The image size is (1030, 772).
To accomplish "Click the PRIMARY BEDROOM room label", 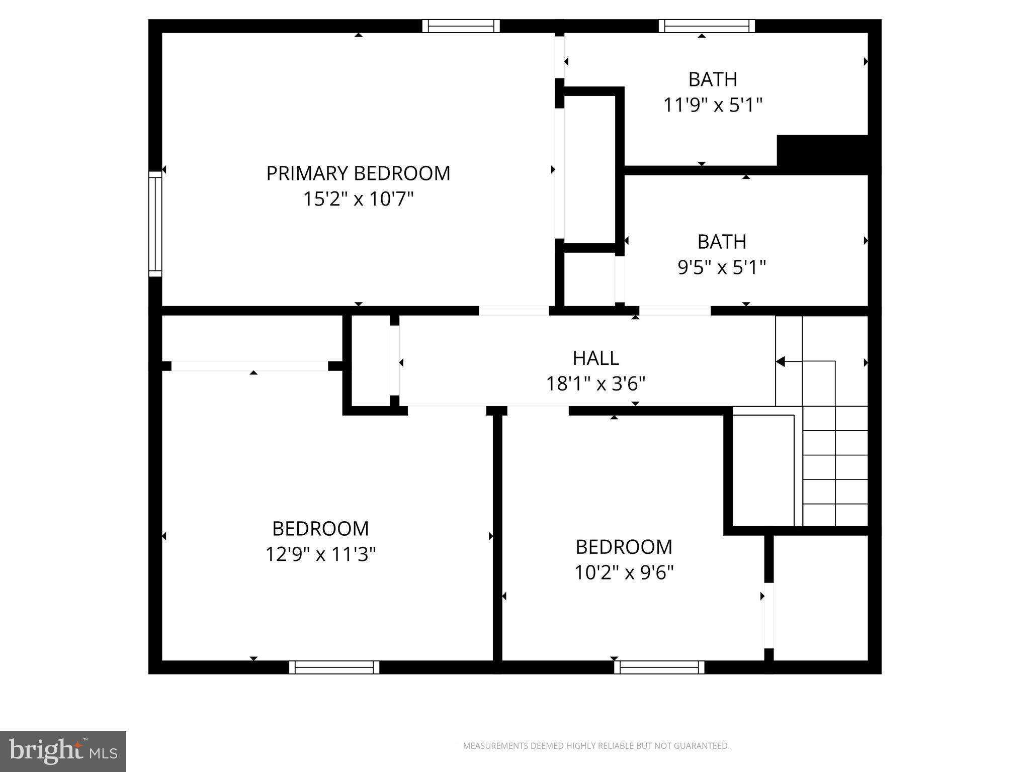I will pyautogui.click(x=358, y=173).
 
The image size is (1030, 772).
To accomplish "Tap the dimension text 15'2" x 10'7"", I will pyautogui.click(x=358, y=199).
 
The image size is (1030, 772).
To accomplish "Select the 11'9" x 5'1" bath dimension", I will pyautogui.click(x=713, y=106).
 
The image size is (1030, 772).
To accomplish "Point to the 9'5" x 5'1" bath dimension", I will pyautogui.click(x=722, y=267).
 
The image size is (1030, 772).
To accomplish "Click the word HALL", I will pyautogui.click(x=595, y=358).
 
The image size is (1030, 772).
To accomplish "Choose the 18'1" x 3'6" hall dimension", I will pyautogui.click(x=595, y=384).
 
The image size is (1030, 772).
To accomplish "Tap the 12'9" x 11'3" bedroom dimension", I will pyautogui.click(x=320, y=555).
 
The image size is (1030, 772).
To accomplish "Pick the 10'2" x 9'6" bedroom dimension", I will pyautogui.click(x=624, y=572).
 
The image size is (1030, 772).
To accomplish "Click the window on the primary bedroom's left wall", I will pyautogui.click(x=155, y=224).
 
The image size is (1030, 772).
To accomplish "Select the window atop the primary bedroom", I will pyautogui.click(x=461, y=26).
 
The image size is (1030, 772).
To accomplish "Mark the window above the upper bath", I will pyautogui.click(x=707, y=26).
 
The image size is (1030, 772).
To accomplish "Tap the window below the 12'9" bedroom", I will pyautogui.click(x=334, y=667).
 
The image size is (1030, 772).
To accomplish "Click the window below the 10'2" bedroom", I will pyautogui.click(x=659, y=667).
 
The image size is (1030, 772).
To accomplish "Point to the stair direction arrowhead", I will pyautogui.click(x=780, y=361).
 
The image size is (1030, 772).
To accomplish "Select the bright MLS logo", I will pyautogui.click(x=62, y=751).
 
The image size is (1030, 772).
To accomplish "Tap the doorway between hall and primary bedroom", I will pyautogui.click(x=513, y=311).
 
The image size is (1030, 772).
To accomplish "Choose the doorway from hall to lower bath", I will pyautogui.click(x=674, y=311).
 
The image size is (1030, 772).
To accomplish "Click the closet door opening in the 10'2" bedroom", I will pyautogui.click(x=768, y=615).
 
